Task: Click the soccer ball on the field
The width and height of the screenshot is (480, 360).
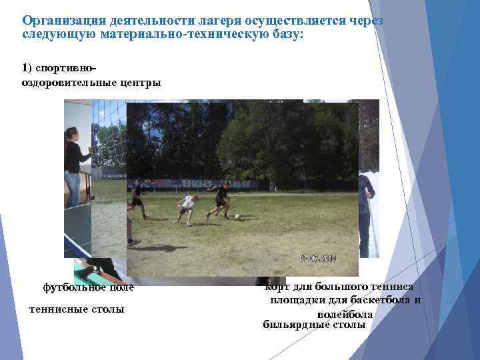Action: pos(237,216)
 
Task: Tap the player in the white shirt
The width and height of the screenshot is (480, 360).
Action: pos(187,207)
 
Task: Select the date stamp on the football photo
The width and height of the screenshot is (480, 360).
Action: pos(317,257)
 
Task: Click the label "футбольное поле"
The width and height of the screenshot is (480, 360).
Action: pos(88,287)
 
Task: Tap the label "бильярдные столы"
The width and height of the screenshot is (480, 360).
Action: pos(315,325)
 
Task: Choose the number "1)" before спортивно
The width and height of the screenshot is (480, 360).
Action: pos(26,68)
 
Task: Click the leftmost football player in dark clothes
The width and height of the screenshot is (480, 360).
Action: pos(138,199)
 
